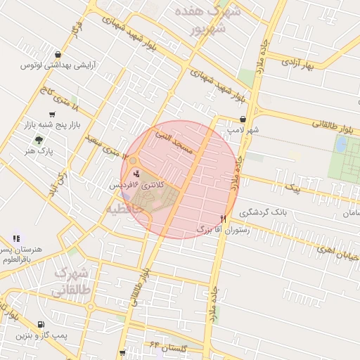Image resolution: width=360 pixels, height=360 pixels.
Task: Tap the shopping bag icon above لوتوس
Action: tap(57, 54)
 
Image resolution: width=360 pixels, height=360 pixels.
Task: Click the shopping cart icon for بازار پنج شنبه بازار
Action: tap(52, 115)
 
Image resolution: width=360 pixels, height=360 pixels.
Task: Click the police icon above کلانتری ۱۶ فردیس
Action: tap(136, 173)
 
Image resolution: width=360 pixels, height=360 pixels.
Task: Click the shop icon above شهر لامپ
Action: tap(243, 120)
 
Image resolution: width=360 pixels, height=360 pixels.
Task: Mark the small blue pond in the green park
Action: tap(342, 145)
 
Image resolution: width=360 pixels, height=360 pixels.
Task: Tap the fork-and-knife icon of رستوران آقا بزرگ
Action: tap(223, 219)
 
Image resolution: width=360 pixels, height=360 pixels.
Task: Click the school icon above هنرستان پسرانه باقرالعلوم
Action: tap(15, 239)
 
